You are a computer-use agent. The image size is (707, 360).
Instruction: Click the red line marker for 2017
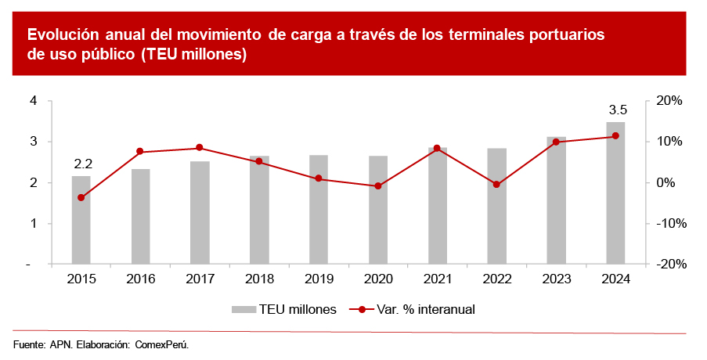pos(200,148)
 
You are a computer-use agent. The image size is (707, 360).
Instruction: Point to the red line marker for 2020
pos(378,186)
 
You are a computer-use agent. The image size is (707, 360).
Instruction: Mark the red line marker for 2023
pos(556,142)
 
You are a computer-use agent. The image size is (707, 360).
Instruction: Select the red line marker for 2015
pos(81,197)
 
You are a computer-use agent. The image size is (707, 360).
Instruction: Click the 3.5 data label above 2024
pos(618,110)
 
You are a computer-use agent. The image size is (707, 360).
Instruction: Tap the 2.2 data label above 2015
pos(83,164)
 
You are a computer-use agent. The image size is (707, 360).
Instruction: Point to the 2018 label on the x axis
pos(259,279)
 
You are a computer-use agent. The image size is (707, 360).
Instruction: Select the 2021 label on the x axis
pos(437,279)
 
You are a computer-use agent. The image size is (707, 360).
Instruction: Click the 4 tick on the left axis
pos(34,101)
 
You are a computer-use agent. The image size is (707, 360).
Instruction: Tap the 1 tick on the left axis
pos(34,224)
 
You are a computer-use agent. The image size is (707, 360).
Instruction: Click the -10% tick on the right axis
pos(669,224)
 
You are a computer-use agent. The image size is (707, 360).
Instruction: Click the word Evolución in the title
pos(65,34)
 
